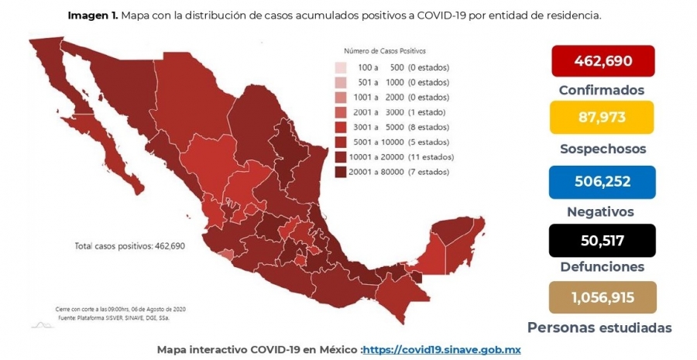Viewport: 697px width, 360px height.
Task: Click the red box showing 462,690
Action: (x=603, y=60)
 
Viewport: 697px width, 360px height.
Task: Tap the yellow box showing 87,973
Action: (x=602, y=118)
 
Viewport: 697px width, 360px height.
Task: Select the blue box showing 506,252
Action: (x=603, y=182)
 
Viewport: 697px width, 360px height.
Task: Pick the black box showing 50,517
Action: (x=603, y=241)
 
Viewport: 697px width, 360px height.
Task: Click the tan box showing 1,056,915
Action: (x=603, y=297)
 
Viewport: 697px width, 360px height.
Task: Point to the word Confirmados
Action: (x=602, y=91)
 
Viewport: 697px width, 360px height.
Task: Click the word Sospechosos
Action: (x=603, y=149)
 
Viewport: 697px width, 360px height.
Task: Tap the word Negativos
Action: (x=600, y=211)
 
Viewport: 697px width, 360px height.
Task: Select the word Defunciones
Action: (x=603, y=266)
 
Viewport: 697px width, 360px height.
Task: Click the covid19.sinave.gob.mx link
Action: (x=442, y=350)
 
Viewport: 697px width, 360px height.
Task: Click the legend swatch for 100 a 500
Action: (x=341, y=67)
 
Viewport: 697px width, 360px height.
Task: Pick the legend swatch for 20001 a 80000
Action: (x=341, y=172)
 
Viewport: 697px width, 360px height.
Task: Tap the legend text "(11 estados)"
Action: (x=431, y=157)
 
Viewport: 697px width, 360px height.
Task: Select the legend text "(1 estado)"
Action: (x=426, y=112)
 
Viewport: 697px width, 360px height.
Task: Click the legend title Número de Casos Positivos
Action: (x=385, y=51)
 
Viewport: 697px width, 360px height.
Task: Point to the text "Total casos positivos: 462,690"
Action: (x=129, y=245)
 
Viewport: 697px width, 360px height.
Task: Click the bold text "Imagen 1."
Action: (x=93, y=16)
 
